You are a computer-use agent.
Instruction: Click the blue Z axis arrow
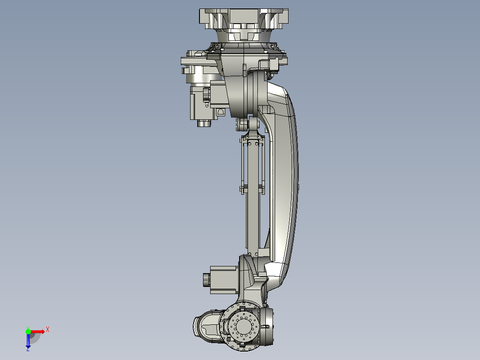tap(28, 341)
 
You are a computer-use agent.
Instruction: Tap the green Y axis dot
tap(28, 331)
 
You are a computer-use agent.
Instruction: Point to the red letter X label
tap(47, 329)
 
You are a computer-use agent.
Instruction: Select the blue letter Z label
tap(28, 349)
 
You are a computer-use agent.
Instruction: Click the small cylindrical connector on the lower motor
tap(206, 279)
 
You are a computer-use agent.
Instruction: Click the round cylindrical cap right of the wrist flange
tap(268, 326)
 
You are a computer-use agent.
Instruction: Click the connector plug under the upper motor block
tap(204, 123)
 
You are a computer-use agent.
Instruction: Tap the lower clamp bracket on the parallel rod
tap(253, 188)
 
